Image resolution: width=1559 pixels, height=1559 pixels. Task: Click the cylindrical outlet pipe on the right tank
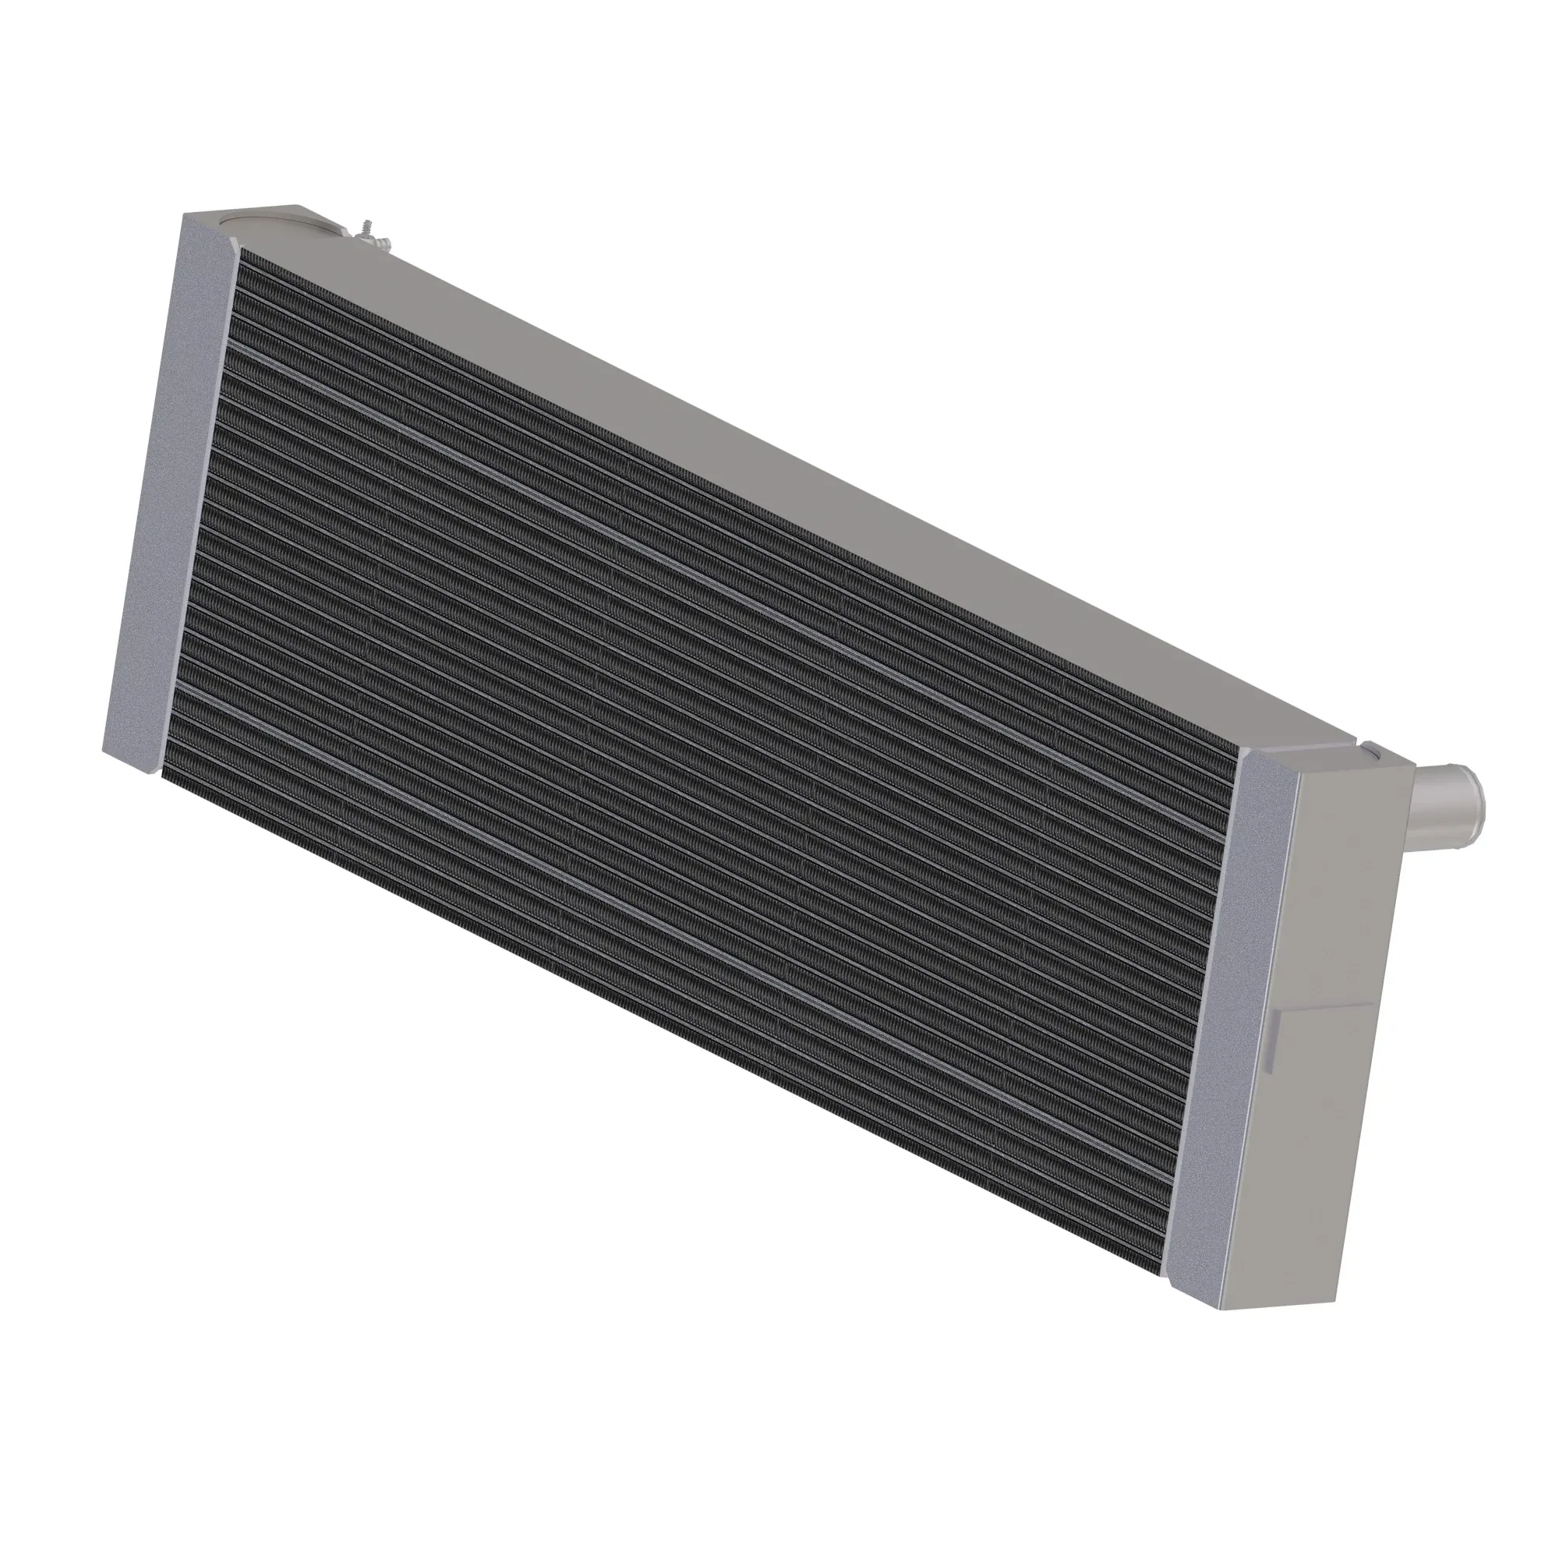tap(1444, 802)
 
